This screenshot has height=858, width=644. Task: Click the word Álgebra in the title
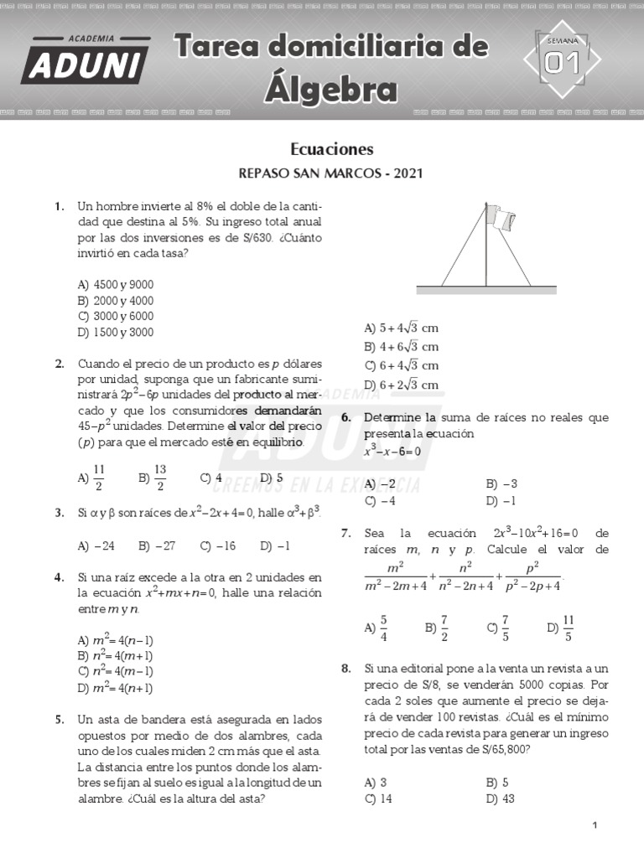331,89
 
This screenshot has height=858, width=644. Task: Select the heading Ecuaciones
331,149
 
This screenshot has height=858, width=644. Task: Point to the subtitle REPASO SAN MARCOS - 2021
331,174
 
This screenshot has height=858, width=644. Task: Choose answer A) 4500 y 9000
116,284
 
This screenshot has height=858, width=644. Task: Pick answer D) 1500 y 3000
116,332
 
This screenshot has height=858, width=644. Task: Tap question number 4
59,577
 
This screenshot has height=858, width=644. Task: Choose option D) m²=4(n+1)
115,688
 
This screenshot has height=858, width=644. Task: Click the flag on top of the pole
504,220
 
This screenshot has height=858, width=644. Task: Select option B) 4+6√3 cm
402,347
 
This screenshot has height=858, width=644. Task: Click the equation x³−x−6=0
392,451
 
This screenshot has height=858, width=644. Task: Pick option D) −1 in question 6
501,500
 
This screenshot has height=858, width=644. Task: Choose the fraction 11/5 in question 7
568,626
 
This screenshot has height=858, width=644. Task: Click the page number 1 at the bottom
595,826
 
